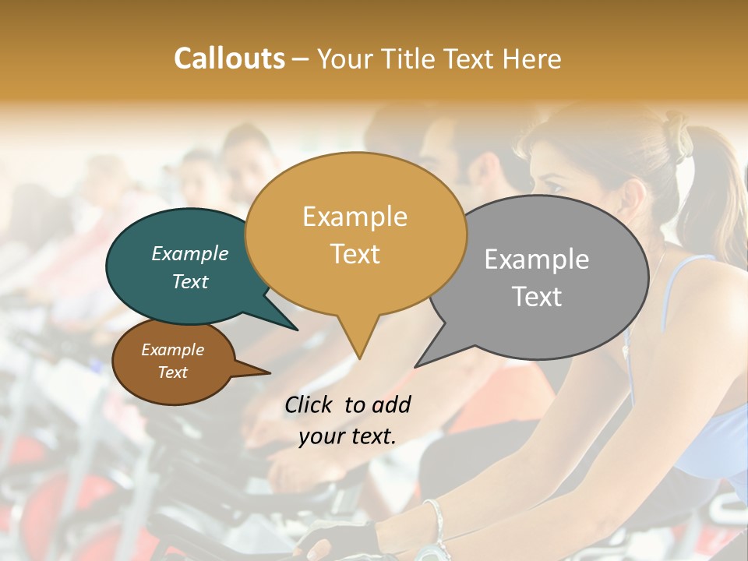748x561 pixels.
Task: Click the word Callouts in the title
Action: [229, 58]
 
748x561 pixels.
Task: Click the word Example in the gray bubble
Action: [536, 259]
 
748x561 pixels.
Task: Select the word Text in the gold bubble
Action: [355, 254]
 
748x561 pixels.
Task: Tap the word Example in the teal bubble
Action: [189, 253]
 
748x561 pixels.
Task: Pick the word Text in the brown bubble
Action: [172, 372]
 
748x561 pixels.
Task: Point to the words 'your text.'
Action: [347, 437]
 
